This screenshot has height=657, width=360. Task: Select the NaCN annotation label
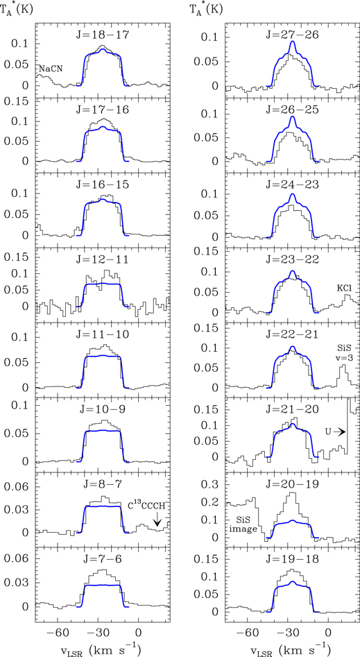(x=51, y=67)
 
